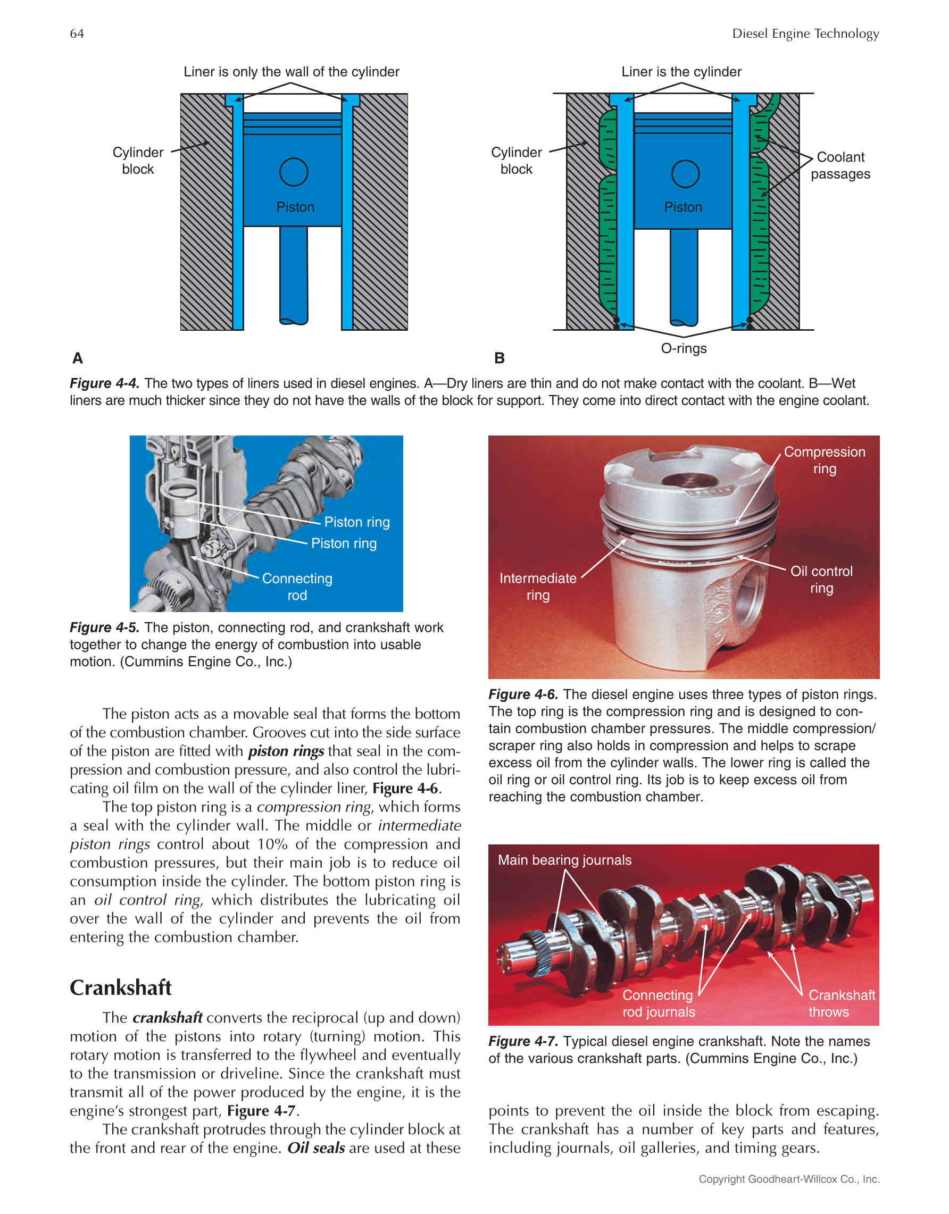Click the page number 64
(x=77, y=34)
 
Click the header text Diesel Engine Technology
(x=805, y=34)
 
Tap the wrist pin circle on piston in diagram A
(x=294, y=172)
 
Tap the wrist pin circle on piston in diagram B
(x=685, y=174)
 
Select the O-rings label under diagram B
(x=683, y=348)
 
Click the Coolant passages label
(x=840, y=166)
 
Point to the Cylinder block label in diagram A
(x=138, y=161)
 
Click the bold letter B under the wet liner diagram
(x=500, y=358)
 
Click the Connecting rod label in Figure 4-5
(x=297, y=587)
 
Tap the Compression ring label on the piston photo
(x=824, y=461)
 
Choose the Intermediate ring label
(x=538, y=587)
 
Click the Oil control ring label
(x=821, y=579)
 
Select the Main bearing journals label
(x=564, y=860)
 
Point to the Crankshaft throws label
(x=840, y=1003)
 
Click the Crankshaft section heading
(x=121, y=988)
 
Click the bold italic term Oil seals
(x=316, y=1148)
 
